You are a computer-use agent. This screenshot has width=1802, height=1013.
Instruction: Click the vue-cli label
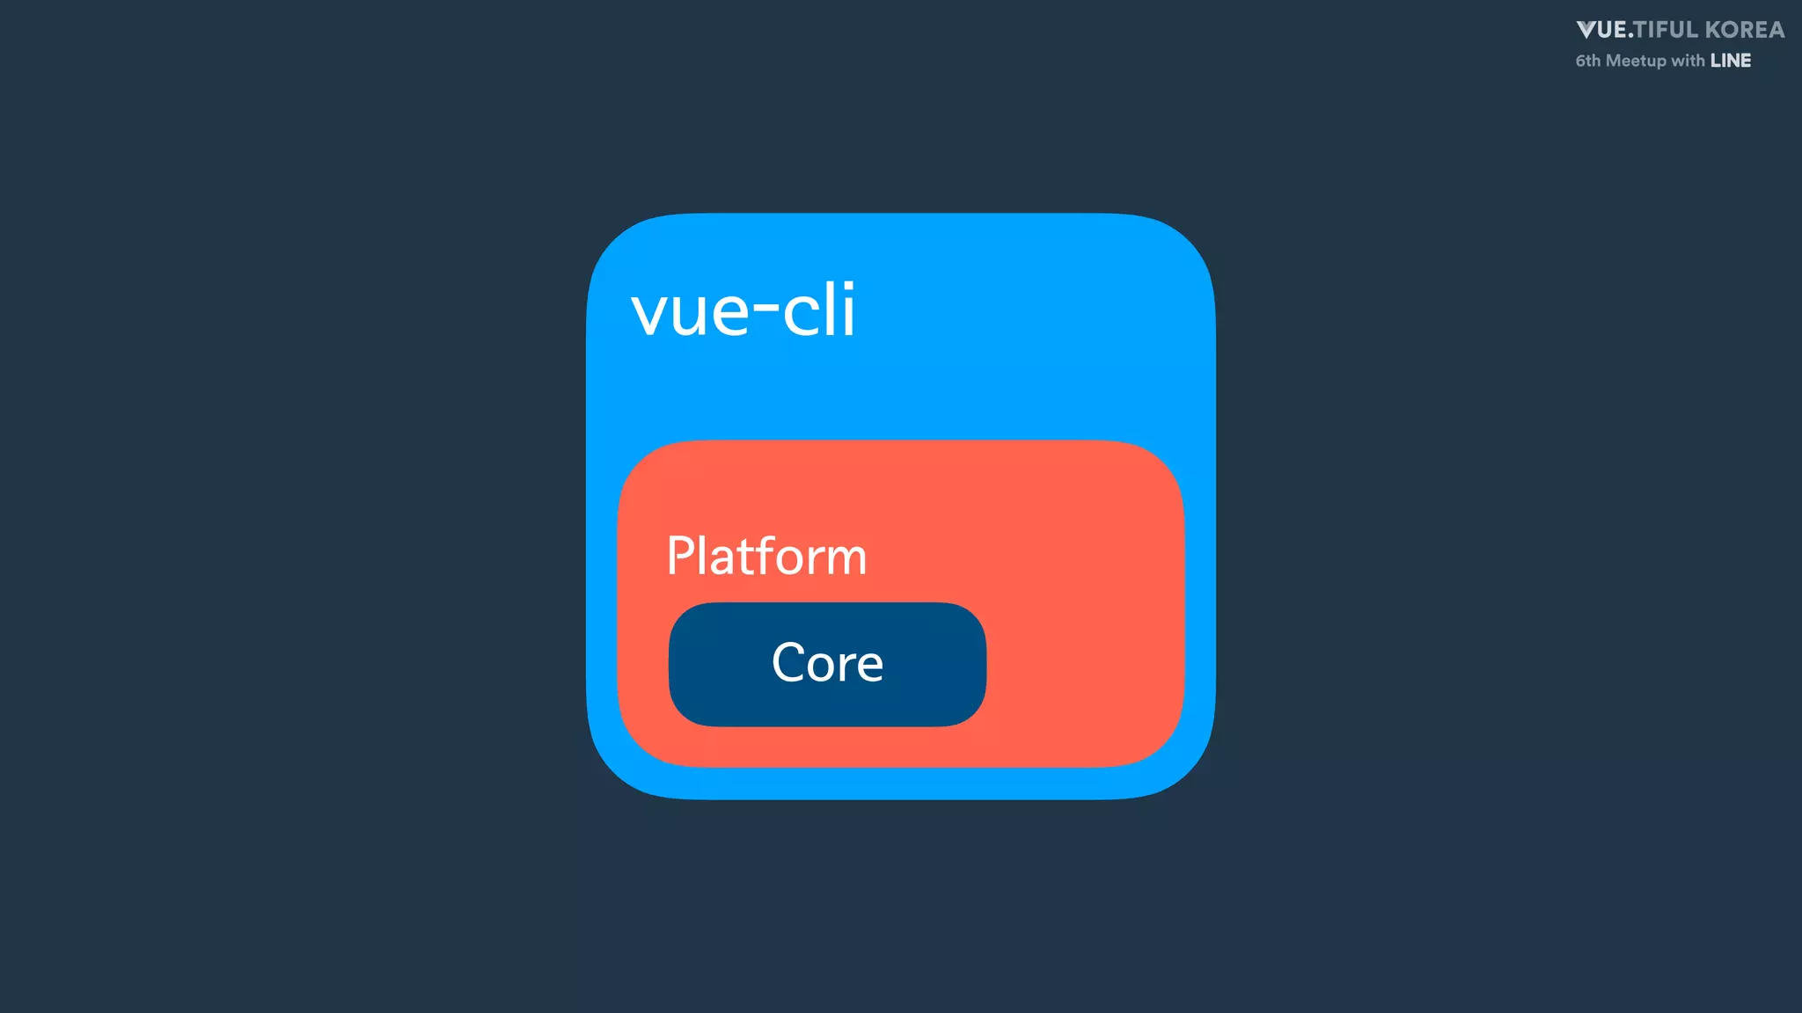(x=744, y=310)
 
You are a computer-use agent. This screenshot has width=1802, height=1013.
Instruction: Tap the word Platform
(x=766, y=557)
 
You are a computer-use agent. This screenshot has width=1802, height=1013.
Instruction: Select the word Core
(x=827, y=663)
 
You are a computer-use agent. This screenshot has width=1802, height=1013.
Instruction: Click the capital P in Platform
(x=680, y=556)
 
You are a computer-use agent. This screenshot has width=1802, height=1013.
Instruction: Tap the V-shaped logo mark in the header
(x=1588, y=31)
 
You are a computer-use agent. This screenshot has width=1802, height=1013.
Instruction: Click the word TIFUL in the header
(x=1666, y=30)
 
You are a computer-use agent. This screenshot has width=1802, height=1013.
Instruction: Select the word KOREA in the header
(x=1745, y=30)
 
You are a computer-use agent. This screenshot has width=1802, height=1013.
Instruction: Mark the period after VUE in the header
(x=1630, y=37)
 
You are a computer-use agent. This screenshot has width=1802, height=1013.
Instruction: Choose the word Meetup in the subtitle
(x=1636, y=61)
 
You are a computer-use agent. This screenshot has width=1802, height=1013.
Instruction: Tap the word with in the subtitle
(x=1688, y=61)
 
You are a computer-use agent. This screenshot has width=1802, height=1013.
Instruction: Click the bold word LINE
(x=1731, y=61)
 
